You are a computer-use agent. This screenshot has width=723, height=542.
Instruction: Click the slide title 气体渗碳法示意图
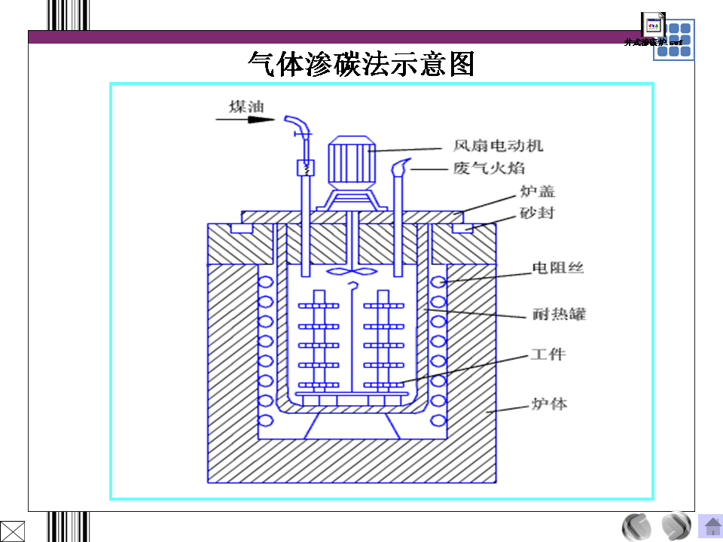[x=361, y=65]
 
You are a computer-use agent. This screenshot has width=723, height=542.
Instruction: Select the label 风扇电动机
[x=498, y=145]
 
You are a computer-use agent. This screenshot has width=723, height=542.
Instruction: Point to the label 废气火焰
[x=489, y=168]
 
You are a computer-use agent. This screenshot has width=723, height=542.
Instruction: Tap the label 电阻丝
[x=558, y=267]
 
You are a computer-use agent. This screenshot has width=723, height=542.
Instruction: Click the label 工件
[x=548, y=354]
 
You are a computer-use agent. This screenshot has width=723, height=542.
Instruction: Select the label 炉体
[x=549, y=403]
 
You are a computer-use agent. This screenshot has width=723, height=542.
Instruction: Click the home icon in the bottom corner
[x=710, y=525]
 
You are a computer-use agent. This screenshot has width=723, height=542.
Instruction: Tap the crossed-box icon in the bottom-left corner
[x=13, y=530]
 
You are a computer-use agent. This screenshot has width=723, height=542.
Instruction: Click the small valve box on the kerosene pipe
[x=305, y=168]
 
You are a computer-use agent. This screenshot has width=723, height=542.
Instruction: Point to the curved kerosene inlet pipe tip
[x=292, y=120]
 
